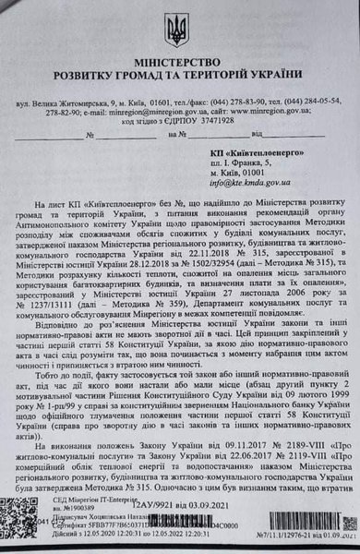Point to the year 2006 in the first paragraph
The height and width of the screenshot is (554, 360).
click(263, 264)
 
